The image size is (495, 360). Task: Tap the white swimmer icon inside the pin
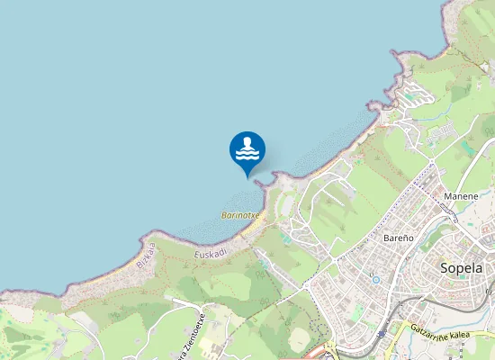pyautogui.click(x=247, y=148)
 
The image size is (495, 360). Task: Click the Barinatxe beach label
pyautogui.click(x=240, y=216)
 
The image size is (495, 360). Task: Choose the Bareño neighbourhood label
pyautogui.click(x=398, y=238)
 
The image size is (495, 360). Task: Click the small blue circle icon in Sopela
pyautogui.click(x=375, y=279)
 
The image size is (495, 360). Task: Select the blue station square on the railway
pyautogui.click(x=381, y=334)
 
